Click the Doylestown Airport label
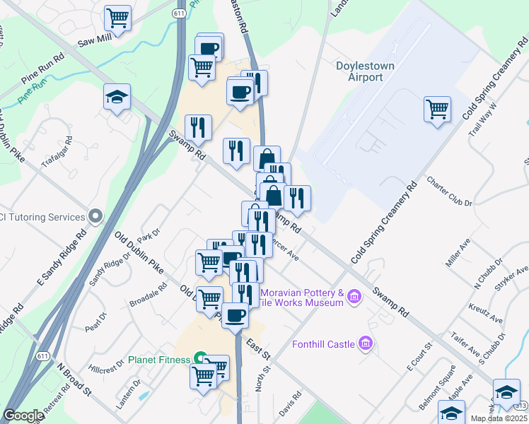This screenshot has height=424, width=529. coord(365,71)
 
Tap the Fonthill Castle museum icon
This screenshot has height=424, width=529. coord(366,344)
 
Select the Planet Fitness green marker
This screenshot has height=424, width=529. coord(201,359)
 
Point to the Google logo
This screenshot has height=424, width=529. coord(23,416)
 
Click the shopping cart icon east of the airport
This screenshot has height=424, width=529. coord(438,110)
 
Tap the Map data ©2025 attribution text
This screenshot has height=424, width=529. coord(499,418)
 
